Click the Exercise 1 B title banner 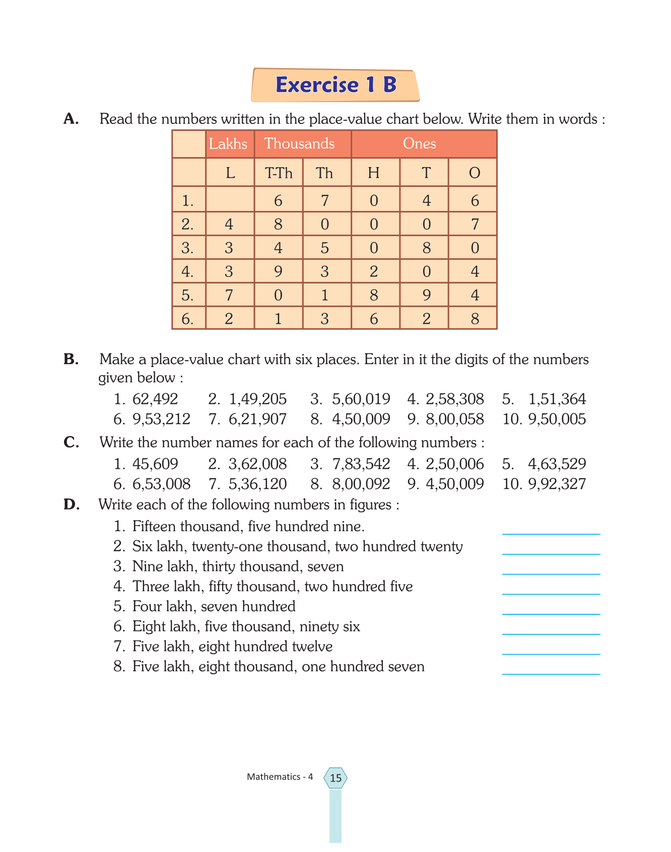point(335,85)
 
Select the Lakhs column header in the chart point(229,144)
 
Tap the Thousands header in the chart point(300,144)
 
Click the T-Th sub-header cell point(279,173)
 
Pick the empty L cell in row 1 point(230,200)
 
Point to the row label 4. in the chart point(188,271)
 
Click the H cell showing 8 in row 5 point(374,295)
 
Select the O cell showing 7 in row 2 point(475,224)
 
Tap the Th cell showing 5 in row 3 point(325,248)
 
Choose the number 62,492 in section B point(155,399)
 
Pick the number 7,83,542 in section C point(361,464)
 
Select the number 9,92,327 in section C point(557,484)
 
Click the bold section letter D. point(72,505)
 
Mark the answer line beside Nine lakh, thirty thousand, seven point(551,570)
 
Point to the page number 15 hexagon point(335,778)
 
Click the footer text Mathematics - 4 point(280,777)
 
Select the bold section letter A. point(71,119)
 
